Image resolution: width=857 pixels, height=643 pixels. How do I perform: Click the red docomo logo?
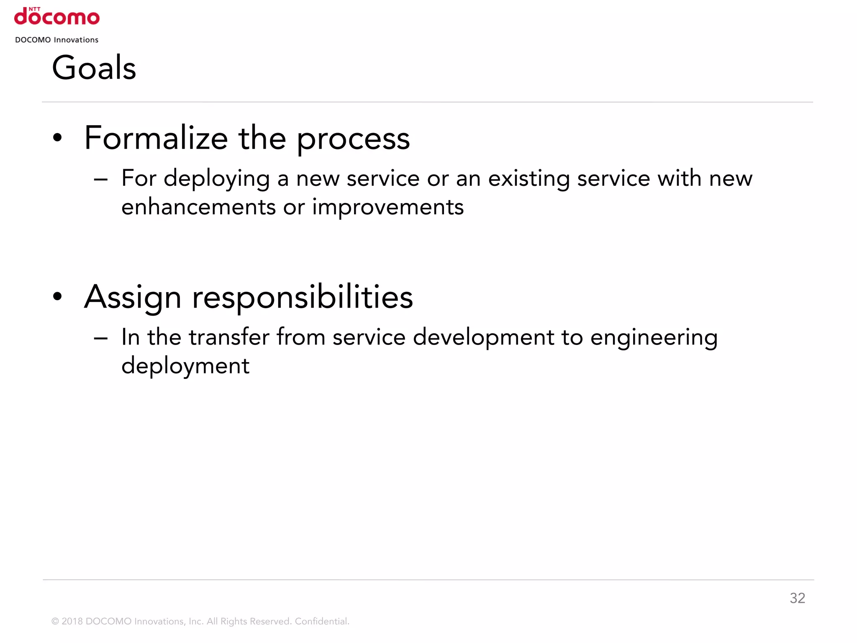pyautogui.click(x=57, y=17)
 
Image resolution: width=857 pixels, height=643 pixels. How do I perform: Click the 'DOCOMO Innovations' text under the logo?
pyautogui.click(x=57, y=40)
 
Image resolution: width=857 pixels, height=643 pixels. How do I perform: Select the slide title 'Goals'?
pyautogui.click(x=94, y=68)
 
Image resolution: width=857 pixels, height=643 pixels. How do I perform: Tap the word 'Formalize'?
pyautogui.click(x=156, y=138)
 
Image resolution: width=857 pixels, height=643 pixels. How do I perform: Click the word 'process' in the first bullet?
pyautogui.click(x=354, y=139)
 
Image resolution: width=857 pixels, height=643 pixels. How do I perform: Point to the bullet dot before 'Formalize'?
pyautogui.click(x=58, y=138)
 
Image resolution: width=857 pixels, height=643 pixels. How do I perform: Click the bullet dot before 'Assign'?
pyautogui.click(x=58, y=296)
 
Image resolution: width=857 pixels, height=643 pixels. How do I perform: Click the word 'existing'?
pyautogui.click(x=529, y=179)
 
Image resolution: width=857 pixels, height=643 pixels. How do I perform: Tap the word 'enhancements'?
pyautogui.click(x=199, y=207)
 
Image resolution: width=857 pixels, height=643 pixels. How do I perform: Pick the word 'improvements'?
pyautogui.click(x=388, y=207)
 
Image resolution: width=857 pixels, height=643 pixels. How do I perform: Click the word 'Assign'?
pyautogui.click(x=133, y=297)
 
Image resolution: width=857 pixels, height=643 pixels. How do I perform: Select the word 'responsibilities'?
pyautogui.click(x=303, y=297)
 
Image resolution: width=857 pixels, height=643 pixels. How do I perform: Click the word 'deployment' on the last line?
pyautogui.click(x=185, y=366)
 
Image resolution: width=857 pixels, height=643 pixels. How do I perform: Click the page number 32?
pyautogui.click(x=797, y=598)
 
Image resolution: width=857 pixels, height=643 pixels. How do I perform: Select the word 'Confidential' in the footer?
pyautogui.click(x=321, y=621)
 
